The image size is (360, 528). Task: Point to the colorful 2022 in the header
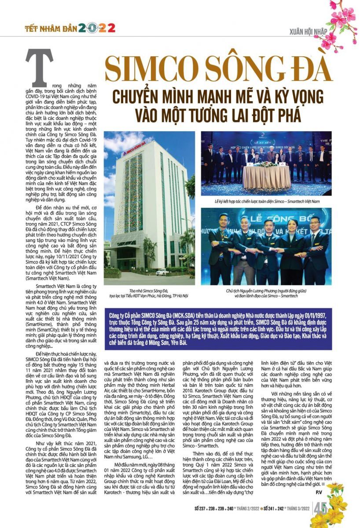(97, 29)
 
